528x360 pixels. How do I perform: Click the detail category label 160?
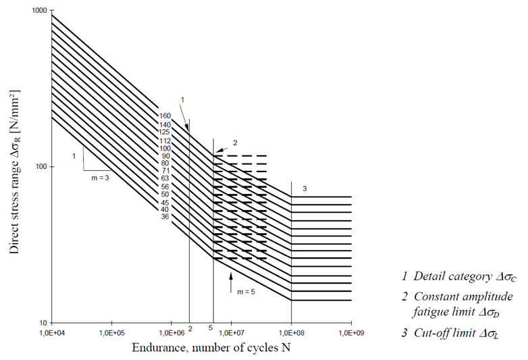coord(165,115)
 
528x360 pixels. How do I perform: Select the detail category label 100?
coord(165,148)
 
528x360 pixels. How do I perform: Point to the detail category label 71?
coord(165,171)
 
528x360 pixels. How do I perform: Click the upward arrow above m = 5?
coord(231,277)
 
